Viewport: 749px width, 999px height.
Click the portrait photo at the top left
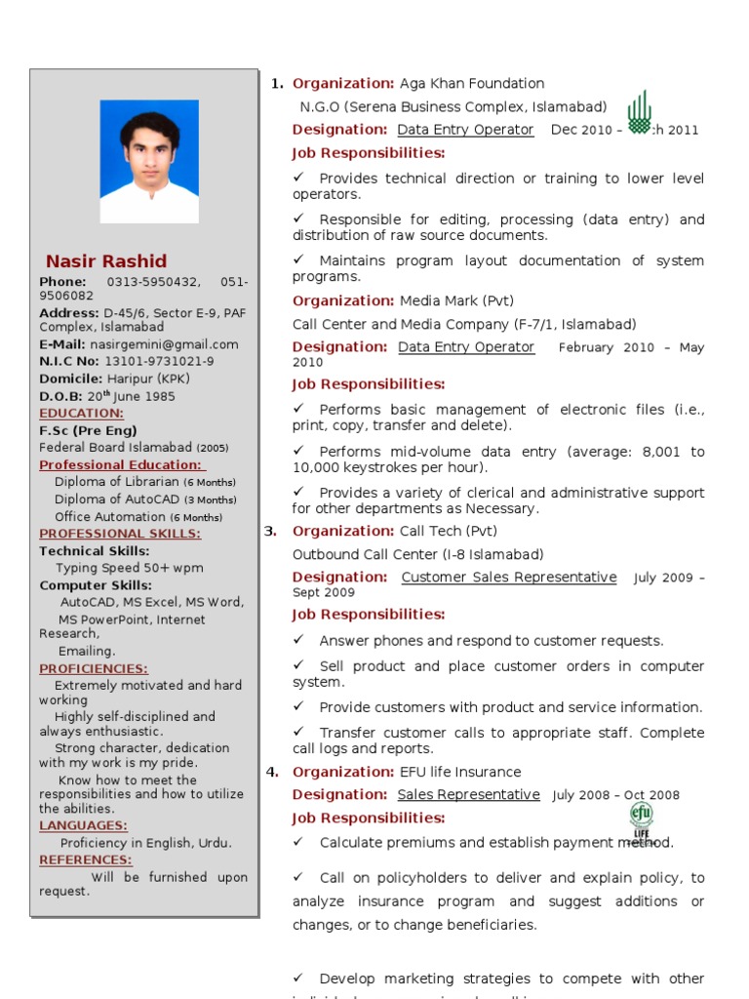[x=149, y=161]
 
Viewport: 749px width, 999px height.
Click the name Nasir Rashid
[x=106, y=261]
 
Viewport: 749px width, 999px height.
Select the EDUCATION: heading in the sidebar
[x=81, y=414]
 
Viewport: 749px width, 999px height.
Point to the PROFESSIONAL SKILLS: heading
[x=120, y=534]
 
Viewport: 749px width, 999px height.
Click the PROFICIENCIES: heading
[x=94, y=668]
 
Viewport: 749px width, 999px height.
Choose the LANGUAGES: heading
[x=83, y=825]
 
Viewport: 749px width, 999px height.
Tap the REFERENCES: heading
[x=86, y=859]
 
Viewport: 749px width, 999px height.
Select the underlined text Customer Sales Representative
[x=508, y=578]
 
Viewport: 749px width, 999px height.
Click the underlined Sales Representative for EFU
[x=468, y=795]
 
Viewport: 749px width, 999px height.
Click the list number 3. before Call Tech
[x=270, y=531]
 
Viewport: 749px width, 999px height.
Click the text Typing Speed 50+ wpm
[x=130, y=568]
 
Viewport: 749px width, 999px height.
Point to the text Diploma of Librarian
[x=117, y=482]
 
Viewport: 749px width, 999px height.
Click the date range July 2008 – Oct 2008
[x=615, y=796]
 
